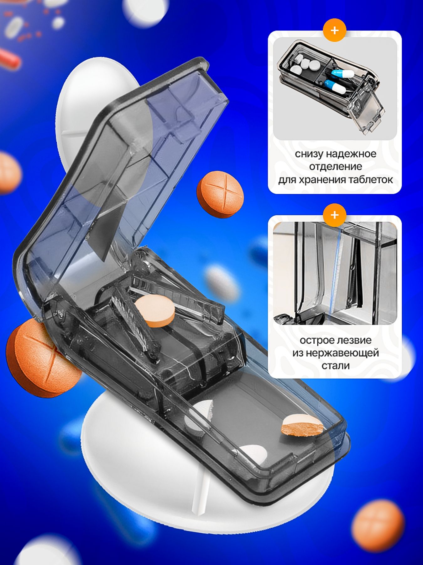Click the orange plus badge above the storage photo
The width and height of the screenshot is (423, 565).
[335, 30]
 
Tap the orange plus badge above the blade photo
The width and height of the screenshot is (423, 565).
[335, 215]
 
